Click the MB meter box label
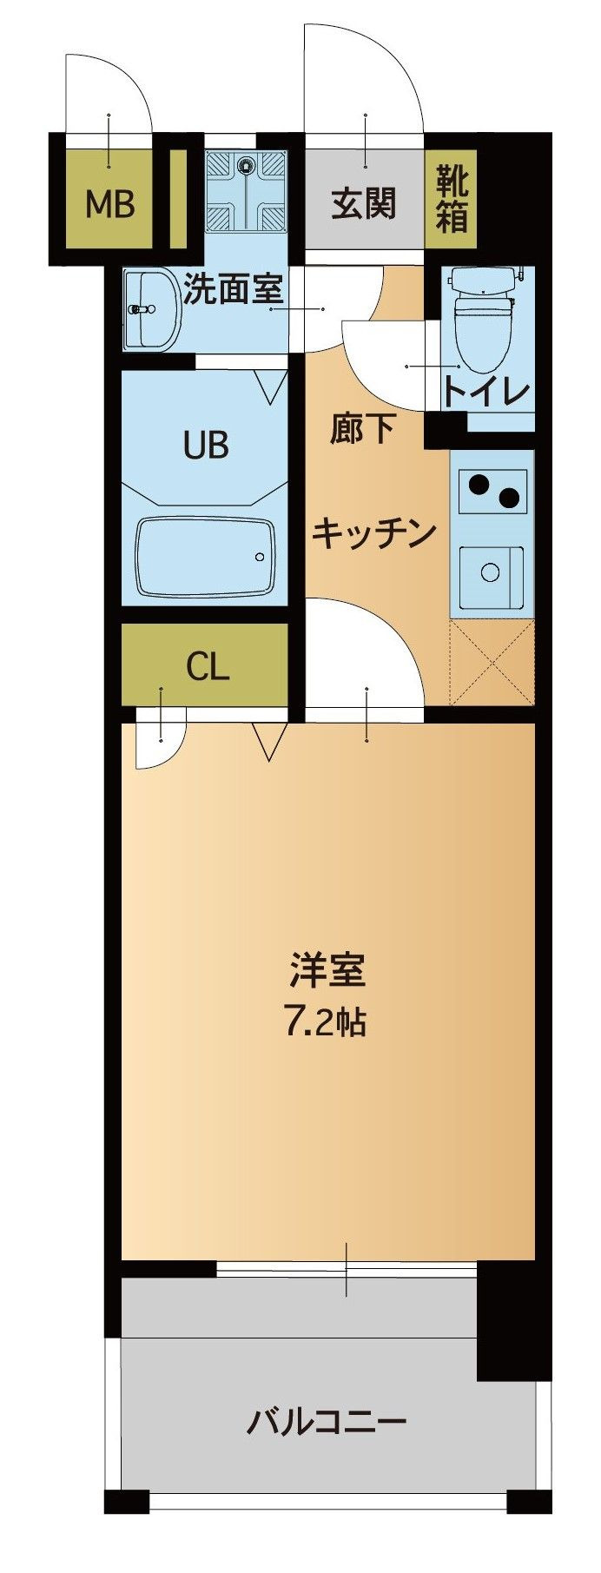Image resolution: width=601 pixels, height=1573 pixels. (109, 205)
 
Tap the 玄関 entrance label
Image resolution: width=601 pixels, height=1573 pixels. (364, 204)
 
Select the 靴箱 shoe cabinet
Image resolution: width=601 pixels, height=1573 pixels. (452, 199)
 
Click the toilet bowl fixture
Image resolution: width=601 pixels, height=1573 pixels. (485, 318)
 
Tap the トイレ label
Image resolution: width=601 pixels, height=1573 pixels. (486, 392)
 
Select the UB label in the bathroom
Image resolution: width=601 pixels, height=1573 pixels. (206, 445)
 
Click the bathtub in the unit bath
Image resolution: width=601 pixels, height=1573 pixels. (206, 557)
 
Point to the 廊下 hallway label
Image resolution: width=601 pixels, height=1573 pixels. (363, 430)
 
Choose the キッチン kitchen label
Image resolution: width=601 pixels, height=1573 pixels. (373, 533)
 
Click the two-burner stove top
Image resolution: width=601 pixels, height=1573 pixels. (492, 491)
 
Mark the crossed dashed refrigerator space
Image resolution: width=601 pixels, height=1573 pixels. (492, 661)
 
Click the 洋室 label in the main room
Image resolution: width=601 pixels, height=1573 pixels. (327, 971)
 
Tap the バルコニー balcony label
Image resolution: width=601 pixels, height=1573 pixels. (327, 1422)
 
